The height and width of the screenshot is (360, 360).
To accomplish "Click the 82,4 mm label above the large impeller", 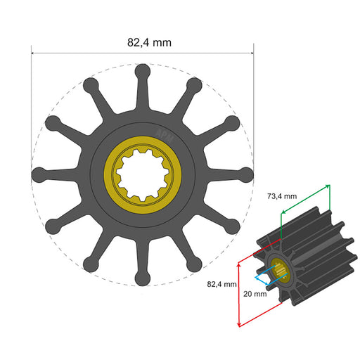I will pos(149,41).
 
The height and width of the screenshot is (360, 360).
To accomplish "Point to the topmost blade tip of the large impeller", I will pos(143,70).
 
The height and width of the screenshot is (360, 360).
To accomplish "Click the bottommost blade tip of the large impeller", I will pos(143,281).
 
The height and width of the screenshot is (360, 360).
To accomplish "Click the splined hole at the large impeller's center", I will pos(143,174).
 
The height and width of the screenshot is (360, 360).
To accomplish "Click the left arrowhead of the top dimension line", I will pos(34,52).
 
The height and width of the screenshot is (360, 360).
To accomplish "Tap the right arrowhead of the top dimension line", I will pos(251,52).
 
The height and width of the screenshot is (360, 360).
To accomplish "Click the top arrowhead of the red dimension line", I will pos(240,262).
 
